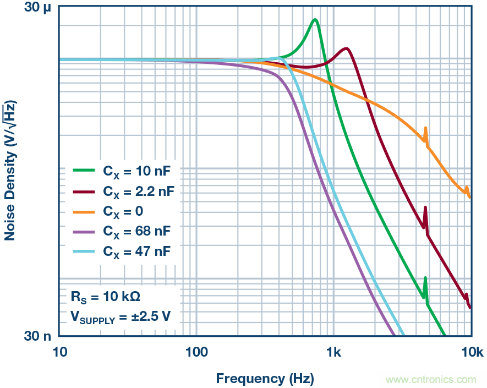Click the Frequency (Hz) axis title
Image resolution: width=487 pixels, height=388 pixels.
[x=265, y=378]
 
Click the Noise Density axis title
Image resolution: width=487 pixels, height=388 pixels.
[x=10, y=171]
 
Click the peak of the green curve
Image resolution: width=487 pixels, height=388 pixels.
[x=315, y=20]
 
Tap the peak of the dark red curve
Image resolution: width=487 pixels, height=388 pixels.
[x=346, y=48]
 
